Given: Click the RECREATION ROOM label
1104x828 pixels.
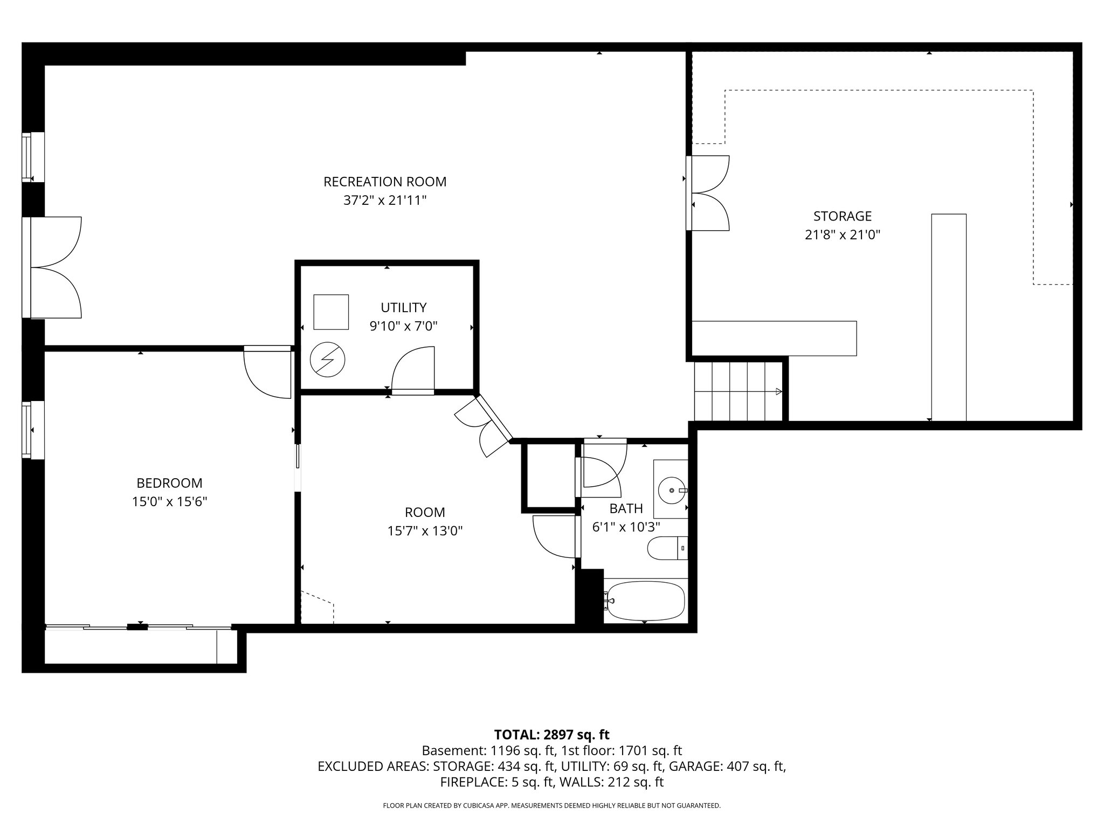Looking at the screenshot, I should click(385, 182).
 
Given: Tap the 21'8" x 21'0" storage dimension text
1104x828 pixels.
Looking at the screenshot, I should click(842, 235).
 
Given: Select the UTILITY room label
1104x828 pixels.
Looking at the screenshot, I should click(403, 307).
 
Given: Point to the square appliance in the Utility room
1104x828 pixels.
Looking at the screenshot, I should click(331, 312).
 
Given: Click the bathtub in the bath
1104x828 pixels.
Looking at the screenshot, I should click(645, 601).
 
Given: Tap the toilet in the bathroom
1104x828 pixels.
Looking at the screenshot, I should click(667, 548).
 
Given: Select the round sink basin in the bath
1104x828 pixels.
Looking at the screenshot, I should click(672, 490).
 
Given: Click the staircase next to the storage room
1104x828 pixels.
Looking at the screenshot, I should click(737, 391).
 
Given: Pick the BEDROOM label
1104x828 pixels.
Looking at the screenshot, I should click(169, 483).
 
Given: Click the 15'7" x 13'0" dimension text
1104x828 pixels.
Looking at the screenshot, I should click(425, 531).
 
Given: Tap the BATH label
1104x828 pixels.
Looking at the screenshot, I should click(626, 508).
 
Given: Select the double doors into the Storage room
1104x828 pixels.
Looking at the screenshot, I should click(708, 193).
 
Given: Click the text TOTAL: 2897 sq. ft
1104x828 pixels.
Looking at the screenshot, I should click(551, 734).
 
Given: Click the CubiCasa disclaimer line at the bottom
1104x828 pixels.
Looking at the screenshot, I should click(551, 805).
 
